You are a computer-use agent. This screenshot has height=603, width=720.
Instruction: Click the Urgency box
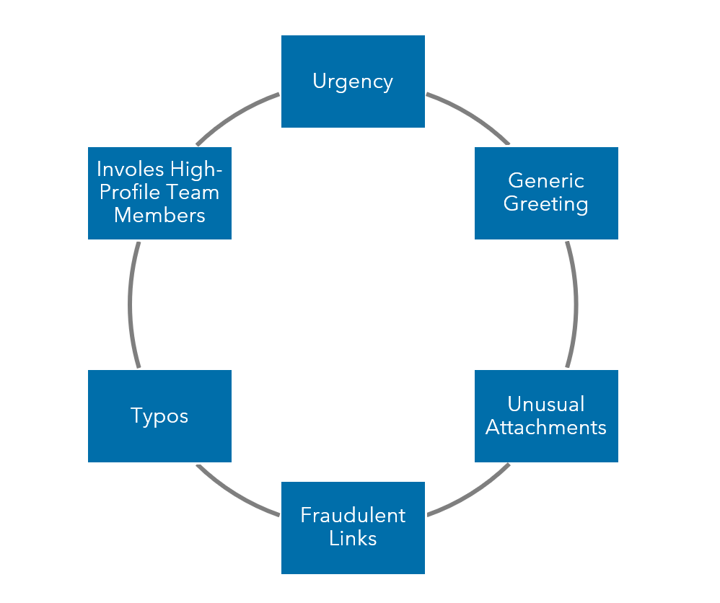click(353, 82)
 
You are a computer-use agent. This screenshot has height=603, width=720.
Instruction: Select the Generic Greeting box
click(546, 193)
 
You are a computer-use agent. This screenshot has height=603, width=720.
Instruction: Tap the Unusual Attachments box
click(546, 415)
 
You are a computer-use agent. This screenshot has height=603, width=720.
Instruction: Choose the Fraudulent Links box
click(353, 527)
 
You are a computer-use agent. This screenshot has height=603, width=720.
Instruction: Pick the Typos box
click(159, 415)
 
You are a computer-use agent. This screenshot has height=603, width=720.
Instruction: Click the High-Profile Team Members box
click(159, 193)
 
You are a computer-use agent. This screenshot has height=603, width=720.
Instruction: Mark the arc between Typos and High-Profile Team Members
click(131, 304)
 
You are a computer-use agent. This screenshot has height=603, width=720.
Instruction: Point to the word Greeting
click(546, 204)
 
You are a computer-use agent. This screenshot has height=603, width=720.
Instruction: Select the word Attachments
click(546, 427)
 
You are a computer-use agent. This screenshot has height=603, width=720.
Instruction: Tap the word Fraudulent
click(353, 516)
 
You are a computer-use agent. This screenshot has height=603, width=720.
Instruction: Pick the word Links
click(353, 539)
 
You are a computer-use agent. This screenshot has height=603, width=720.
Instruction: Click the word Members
click(159, 216)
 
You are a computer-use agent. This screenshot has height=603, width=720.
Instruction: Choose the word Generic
click(546, 180)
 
